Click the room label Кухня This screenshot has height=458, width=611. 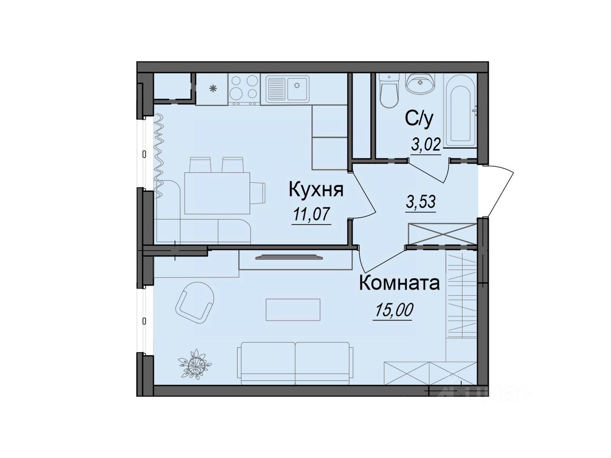[316, 190]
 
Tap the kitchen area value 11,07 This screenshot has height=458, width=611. [312, 215]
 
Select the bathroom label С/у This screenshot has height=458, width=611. [419, 119]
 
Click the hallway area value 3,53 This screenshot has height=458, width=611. [421, 202]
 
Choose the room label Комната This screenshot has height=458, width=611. [399, 283]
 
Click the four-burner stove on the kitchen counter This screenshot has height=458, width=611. [244, 89]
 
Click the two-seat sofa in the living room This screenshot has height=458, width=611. [295, 363]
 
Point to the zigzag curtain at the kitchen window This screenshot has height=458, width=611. [159, 155]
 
